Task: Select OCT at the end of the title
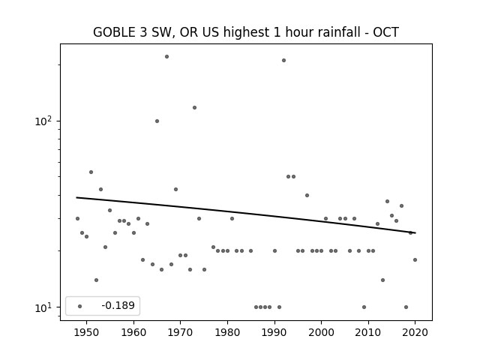tap(385, 32)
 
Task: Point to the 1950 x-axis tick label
tap(87, 331)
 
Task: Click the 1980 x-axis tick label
tap(227, 331)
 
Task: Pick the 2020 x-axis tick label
tap(415, 331)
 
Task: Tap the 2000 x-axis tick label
tap(321, 331)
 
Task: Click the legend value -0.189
tap(118, 305)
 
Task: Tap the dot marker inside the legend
tap(80, 306)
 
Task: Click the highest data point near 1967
tap(166, 57)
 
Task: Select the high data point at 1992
tap(283, 60)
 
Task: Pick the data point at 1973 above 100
tap(194, 107)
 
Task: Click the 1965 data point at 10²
tap(157, 121)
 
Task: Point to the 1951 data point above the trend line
tap(91, 172)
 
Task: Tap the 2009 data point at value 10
tap(364, 307)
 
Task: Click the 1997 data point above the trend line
tap(307, 195)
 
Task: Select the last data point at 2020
tap(415, 260)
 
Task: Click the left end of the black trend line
tap(76, 197)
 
